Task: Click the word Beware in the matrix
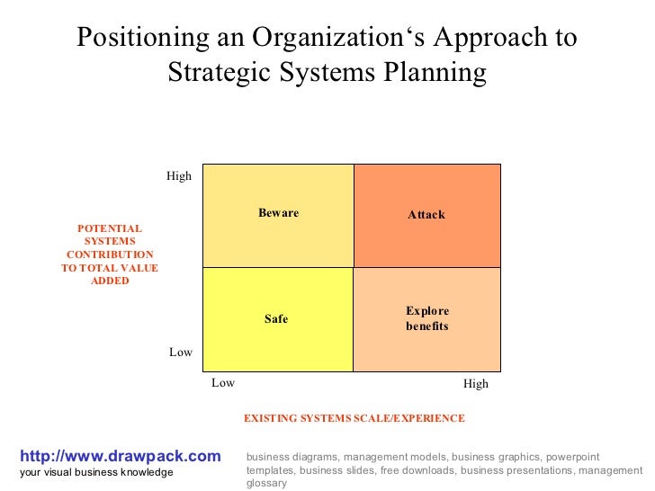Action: [278, 213]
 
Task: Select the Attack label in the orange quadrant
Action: [426, 215]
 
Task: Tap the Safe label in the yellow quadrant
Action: [276, 318]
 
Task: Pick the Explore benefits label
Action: [426, 318]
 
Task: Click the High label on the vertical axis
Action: [179, 176]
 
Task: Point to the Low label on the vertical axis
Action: [181, 353]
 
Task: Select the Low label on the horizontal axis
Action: [223, 383]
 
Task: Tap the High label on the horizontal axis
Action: [476, 384]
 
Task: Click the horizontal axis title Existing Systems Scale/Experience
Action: [354, 418]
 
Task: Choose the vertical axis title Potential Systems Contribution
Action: [110, 254]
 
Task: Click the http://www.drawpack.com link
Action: [120, 457]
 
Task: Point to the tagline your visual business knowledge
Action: [96, 473]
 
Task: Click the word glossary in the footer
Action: [266, 483]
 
